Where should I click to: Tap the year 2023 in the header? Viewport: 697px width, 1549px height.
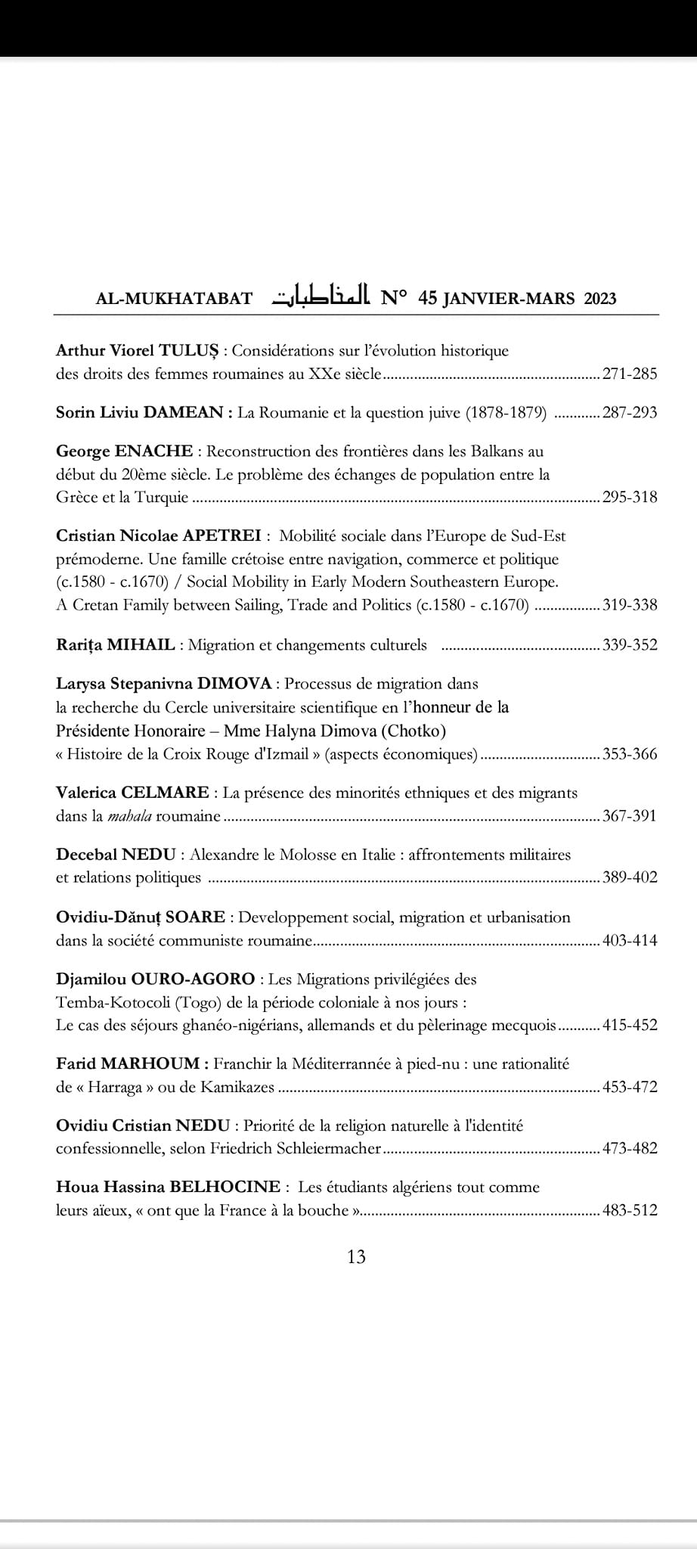pos(599,298)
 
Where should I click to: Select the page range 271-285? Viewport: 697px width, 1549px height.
pos(630,374)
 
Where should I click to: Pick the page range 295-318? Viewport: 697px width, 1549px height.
pos(630,498)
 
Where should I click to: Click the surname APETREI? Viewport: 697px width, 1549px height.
pos(222,536)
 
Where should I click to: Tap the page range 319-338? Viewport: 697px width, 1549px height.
pos(630,605)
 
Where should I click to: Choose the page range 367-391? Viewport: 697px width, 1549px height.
pos(630,817)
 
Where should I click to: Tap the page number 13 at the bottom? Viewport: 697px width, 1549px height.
pos(356,1256)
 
